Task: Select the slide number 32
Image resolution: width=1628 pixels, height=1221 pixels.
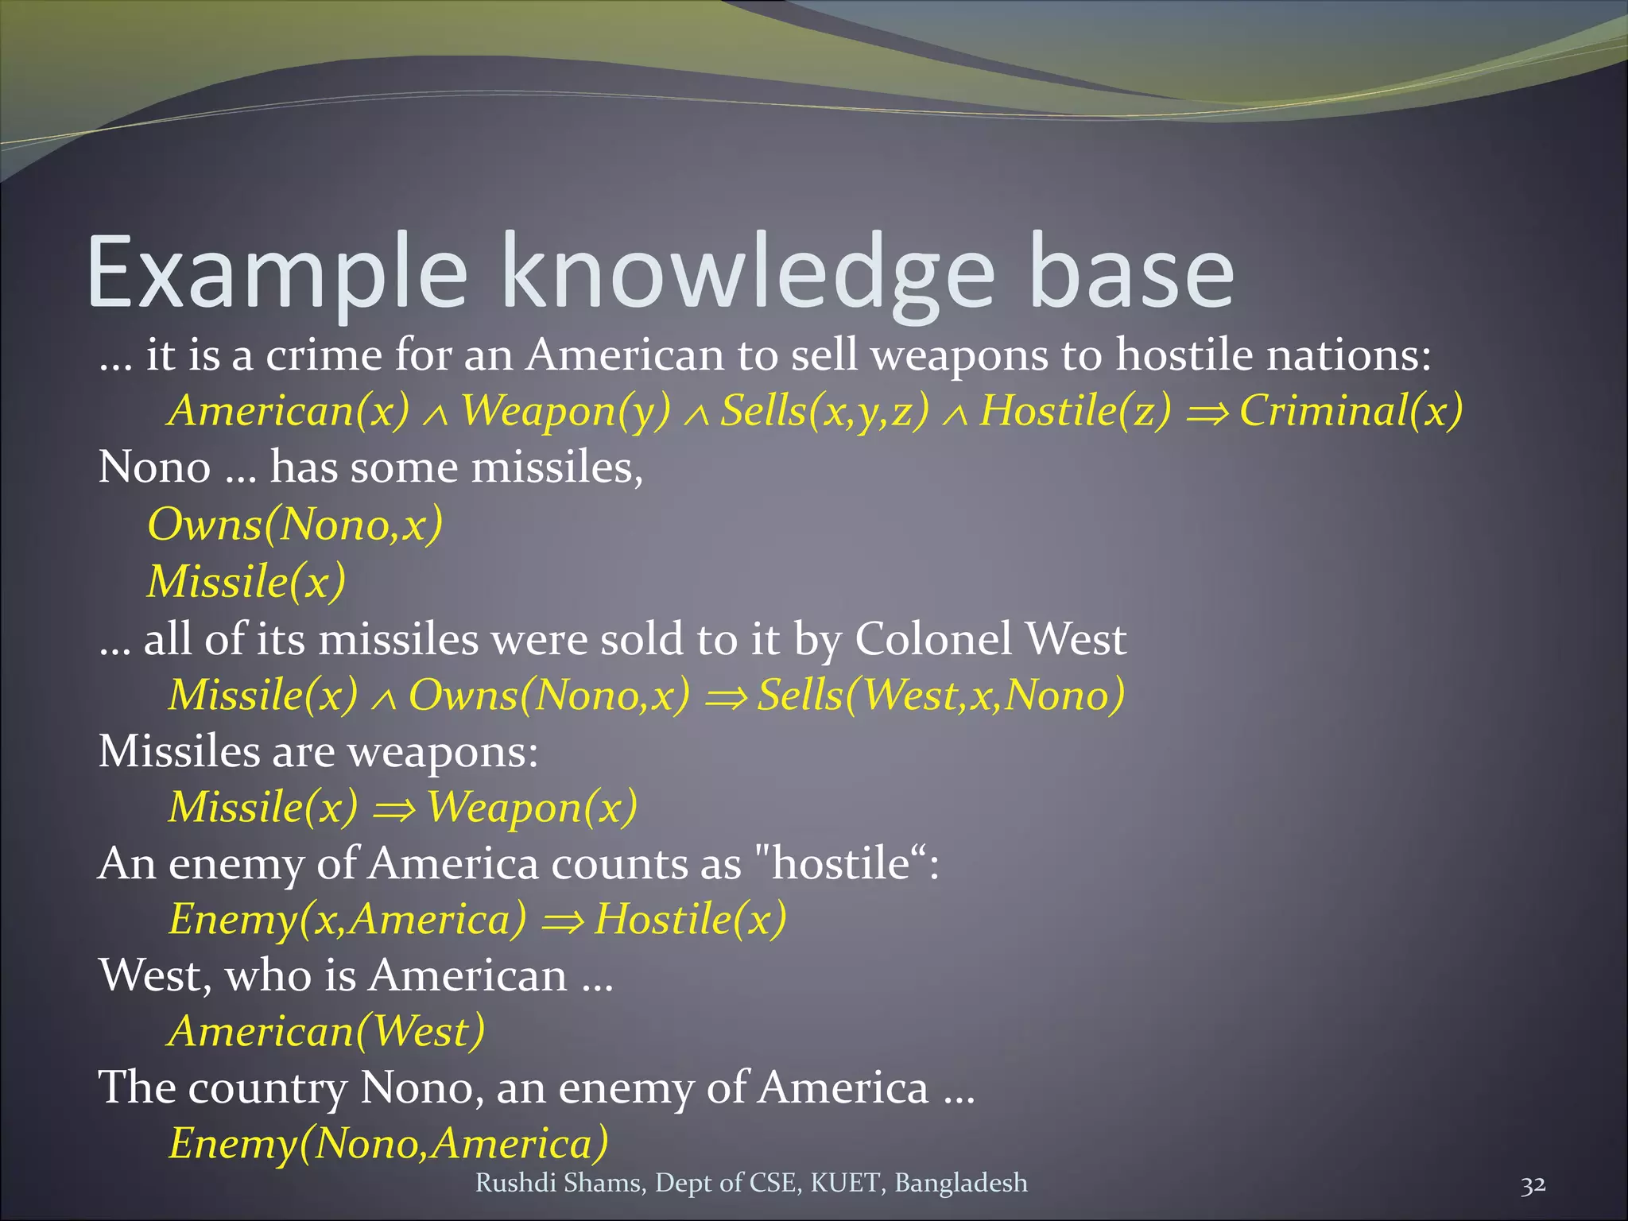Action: click(x=1533, y=1184)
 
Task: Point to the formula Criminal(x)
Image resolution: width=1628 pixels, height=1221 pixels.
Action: click(x=1351, y=411)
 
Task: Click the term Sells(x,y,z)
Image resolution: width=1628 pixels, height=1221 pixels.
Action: click(x=824, y=411)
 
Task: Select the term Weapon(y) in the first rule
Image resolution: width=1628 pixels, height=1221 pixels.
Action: click(x=566, y=411)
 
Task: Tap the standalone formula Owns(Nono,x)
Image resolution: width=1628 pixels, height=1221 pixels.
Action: click(x=295, y=525)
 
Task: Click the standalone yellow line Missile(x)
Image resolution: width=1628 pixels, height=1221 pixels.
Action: click(x=246, y=581)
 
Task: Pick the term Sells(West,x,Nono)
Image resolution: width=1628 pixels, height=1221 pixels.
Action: click(x=940, y=695)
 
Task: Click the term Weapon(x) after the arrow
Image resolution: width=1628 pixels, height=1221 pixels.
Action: click(x=532, y=808)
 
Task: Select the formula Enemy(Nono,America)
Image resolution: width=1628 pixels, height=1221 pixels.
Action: click(x=389, y=1144)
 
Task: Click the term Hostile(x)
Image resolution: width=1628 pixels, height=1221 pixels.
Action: click(x=690, y=920)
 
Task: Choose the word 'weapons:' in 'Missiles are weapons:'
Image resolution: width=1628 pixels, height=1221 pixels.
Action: click(x=443, y=751)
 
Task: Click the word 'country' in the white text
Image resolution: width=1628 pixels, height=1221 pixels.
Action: click(x=267, y=1088)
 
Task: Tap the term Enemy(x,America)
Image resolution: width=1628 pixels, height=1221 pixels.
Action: click(x=347, y=920)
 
